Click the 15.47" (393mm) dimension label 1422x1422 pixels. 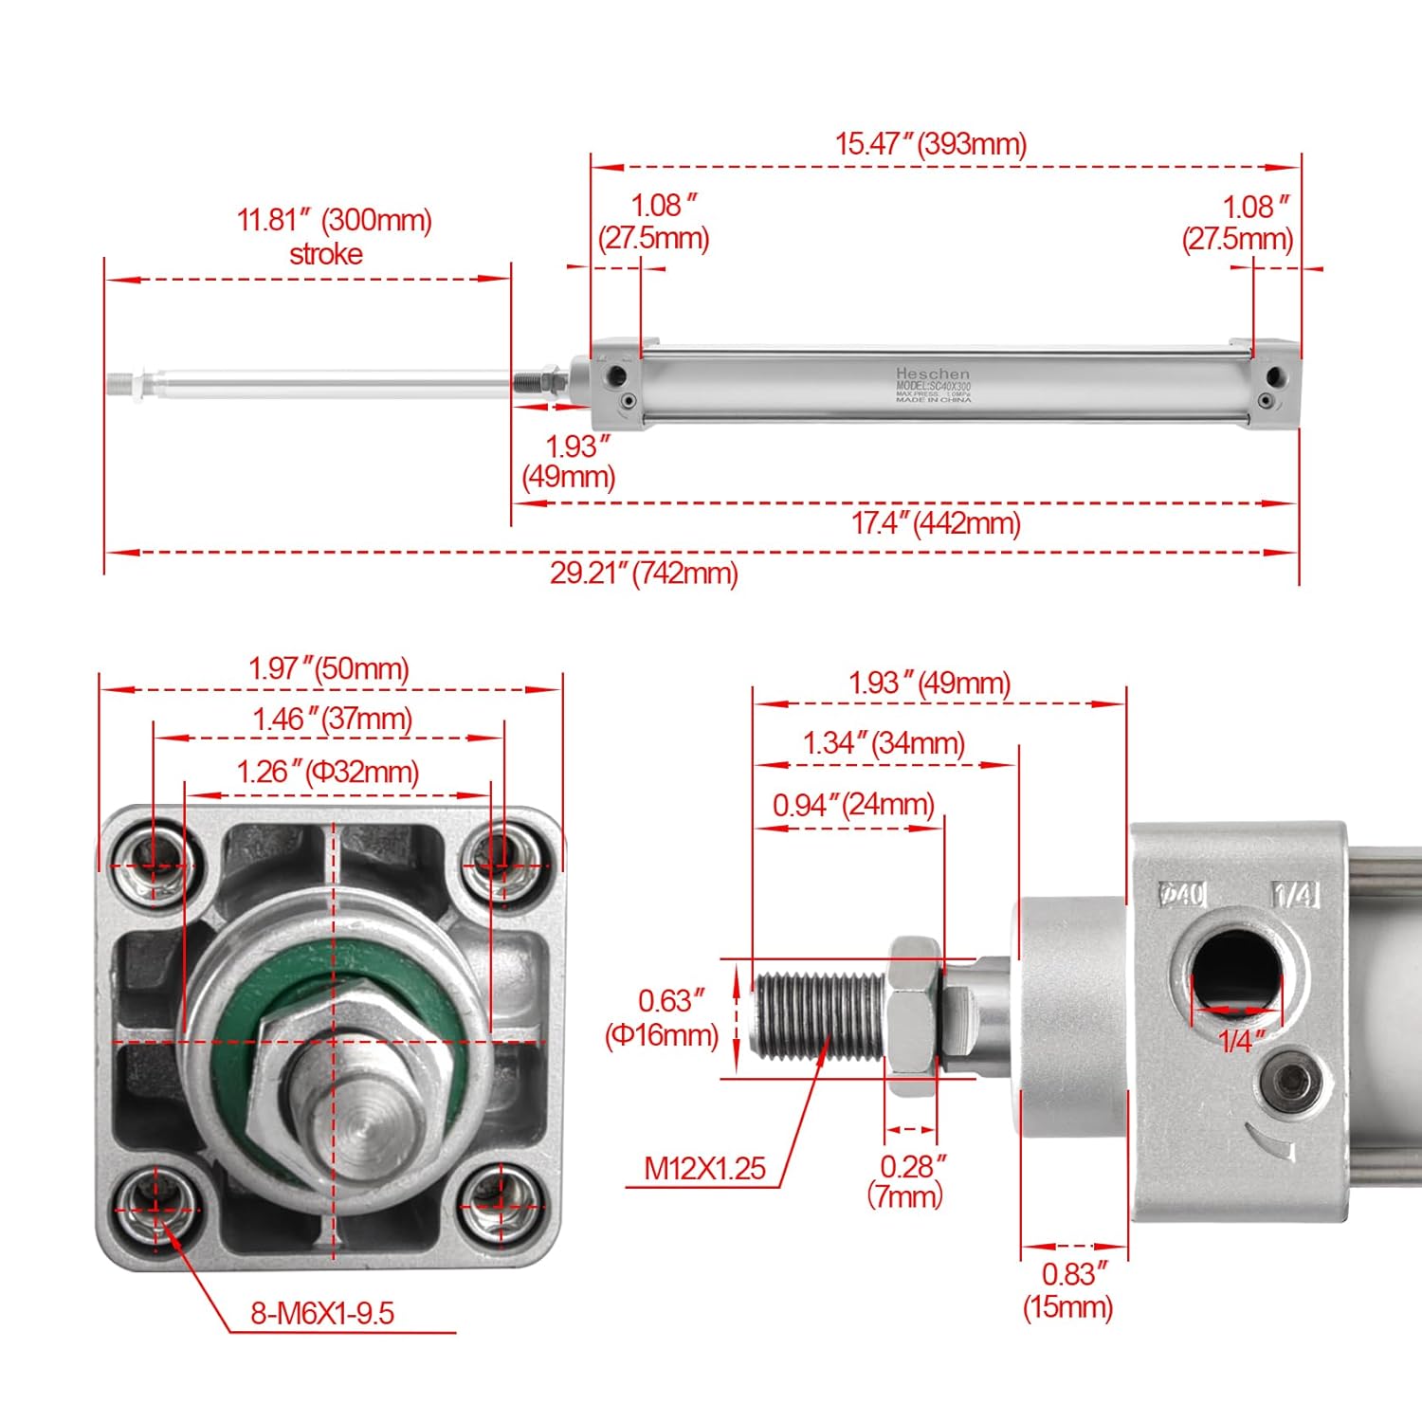tap(930, 144)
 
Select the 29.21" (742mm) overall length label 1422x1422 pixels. tap(644, 574)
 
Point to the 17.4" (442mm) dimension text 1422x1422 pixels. tap(935, 523)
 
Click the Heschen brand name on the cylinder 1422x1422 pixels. tap(933, 374)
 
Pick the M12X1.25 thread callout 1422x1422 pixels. tap(704, 1168)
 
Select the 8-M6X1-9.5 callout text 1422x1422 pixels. tap(322, 1313)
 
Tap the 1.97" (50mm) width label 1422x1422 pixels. tap(329, 668)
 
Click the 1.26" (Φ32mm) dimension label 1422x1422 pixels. tap(328, 772)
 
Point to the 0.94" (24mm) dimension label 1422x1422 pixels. tap(853, 805)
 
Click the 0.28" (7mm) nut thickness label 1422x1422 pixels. tap(910, 1180)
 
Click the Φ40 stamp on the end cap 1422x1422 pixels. tap(1182, 894)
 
